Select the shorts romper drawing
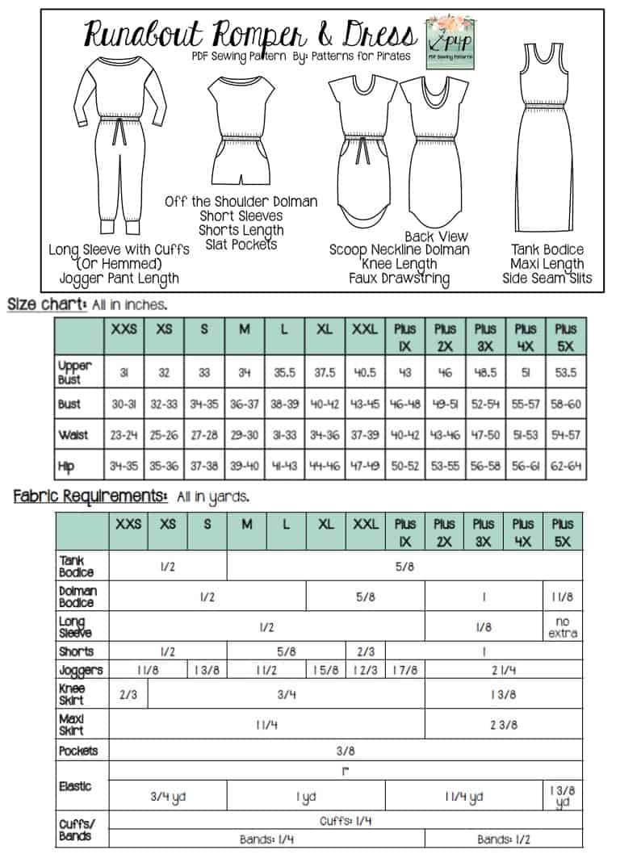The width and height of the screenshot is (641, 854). coord(240,129)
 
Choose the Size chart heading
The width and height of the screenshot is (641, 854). coord(47,304)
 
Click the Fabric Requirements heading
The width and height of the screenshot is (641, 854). coord(90,496)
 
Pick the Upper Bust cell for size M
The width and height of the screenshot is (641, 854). coord(244,373)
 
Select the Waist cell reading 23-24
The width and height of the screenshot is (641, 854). coord(124,435)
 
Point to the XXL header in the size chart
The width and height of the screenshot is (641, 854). coord(366,329)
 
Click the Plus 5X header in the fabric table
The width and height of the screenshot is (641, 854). coord(563,533)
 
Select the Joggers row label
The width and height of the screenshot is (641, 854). coord(80,670)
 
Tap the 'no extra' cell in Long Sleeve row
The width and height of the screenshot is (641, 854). coord(563,626)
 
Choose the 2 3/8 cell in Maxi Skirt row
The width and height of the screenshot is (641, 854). coord(503,725)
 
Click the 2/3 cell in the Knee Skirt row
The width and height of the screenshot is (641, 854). coord(128,694)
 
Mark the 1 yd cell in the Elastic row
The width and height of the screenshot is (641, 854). coord(306,797)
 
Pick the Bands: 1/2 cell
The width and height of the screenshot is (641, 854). coord(503,839)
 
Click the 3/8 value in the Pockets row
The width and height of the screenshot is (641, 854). coord(346,751)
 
